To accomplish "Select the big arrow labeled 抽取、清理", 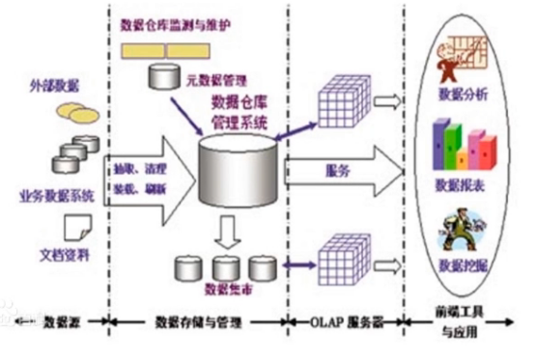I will tap(145, 173).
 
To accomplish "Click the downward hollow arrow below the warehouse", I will tap(227, 232).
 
